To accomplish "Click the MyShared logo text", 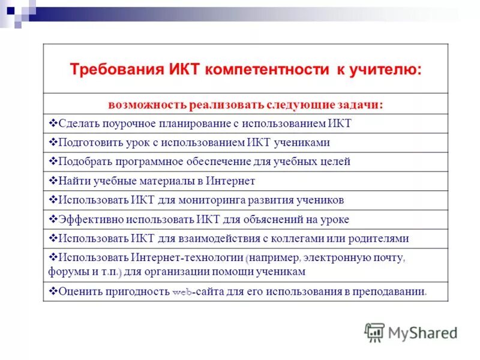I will point(423,332).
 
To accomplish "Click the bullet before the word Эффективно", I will point(52,219).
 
